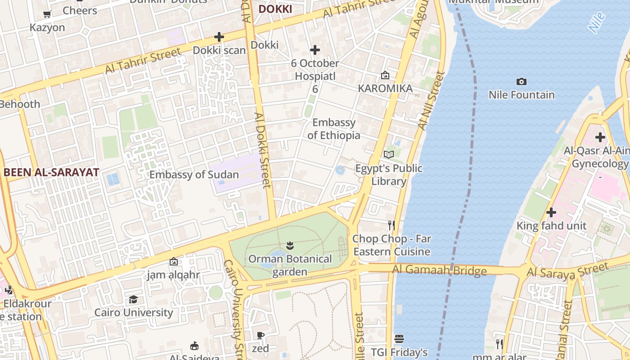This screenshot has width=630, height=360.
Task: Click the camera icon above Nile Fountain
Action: (522, 81)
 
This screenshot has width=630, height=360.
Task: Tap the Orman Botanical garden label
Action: (290, 265)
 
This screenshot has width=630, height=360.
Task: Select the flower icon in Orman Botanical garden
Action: (290, 246)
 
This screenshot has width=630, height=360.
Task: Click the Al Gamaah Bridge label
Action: (439, 270)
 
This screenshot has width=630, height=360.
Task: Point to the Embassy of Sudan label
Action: (194, 175)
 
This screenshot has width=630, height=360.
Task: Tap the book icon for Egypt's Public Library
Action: (389, 155)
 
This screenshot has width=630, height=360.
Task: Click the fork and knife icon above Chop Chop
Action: (391, 225)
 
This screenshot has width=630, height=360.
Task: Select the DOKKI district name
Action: (275, 9)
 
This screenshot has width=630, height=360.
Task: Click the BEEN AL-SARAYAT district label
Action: (51, 172)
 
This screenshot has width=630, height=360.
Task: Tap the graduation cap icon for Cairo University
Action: (133, 299)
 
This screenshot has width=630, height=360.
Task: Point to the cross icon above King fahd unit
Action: (551, 212)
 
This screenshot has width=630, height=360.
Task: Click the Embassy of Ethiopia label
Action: (334, 129)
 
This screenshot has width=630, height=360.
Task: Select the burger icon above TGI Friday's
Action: (399, 338)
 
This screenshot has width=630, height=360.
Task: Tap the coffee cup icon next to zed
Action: (260, 335)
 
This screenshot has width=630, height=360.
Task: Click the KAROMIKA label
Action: (385, 89)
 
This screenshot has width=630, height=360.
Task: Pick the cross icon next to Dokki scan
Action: (219, 37)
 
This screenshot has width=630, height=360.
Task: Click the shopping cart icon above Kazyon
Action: (47, 14)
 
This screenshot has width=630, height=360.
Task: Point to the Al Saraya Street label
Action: (567, 271)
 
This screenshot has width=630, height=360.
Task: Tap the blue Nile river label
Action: (597, 22)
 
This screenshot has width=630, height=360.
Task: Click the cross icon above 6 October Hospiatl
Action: (315, 50)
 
